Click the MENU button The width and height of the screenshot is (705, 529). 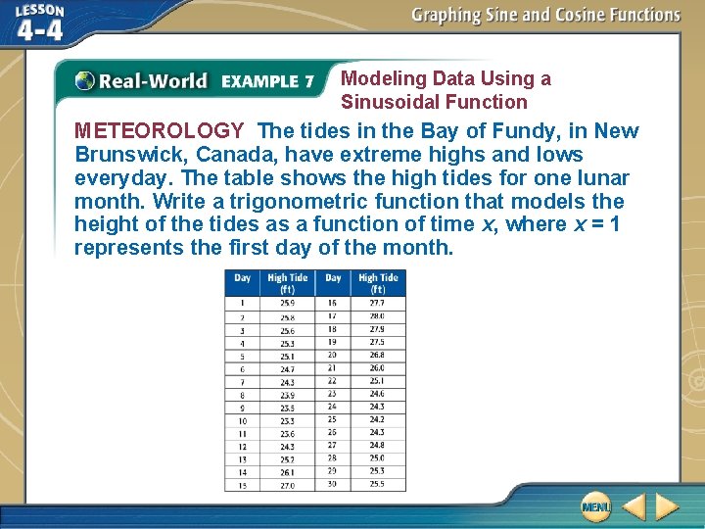coord(595,506)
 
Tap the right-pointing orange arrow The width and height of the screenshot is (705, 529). coord(667,506)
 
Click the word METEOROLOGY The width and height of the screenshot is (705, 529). coord(159,131)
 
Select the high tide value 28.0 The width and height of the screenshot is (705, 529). coord(377,316)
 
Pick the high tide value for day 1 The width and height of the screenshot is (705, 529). coord(287,303)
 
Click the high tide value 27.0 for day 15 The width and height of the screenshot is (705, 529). coord(287,485)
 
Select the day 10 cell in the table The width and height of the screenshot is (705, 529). coord(242,420)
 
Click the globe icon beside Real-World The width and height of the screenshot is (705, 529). coord(85,80)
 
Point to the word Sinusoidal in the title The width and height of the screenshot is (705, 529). coord(390,102)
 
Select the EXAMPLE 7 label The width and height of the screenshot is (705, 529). coord(267,80)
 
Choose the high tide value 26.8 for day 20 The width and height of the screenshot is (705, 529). coord(377,355)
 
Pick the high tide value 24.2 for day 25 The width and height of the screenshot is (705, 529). coord(377,420)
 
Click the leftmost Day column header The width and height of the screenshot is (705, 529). coord(242,278)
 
